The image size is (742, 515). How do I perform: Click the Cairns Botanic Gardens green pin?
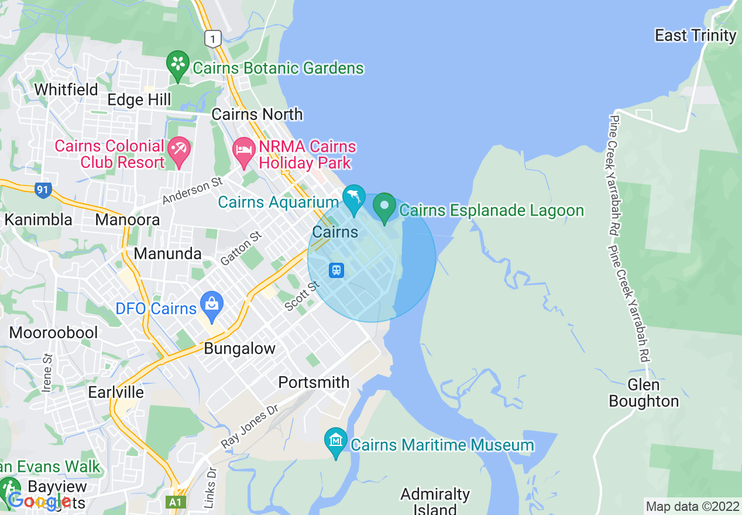[178, 63]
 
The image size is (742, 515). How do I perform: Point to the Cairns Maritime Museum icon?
[336, 440]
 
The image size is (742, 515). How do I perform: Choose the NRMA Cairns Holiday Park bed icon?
[243, 150]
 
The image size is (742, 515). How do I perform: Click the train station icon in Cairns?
[336, 270]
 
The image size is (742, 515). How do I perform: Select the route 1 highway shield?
[213, 39]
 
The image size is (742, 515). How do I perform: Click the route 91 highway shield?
[43, 190]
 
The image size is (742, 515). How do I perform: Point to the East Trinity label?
[695, 36]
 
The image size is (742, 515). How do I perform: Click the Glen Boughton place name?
[644, 393]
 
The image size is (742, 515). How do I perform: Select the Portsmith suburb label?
[314, 382]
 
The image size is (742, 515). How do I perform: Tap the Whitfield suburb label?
[66, 90]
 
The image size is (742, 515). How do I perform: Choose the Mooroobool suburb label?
[53, 332]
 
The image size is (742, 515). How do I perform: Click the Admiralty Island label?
[435, 501]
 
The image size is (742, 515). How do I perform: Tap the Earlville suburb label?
[116, 392]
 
